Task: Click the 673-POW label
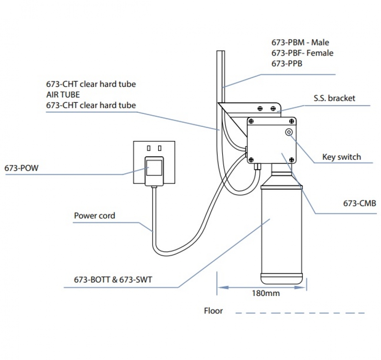click(21, 168)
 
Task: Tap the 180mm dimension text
click(266, 293)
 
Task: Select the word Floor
click(213, 310)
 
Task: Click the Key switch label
click(341, 157)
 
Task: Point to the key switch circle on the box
click(289, 132)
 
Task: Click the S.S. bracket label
click(335, 98)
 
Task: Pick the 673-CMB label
click(359, 203)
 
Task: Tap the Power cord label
click(94, 216)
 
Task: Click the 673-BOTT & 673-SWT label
click(113, 279)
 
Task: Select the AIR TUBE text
click(63, 94)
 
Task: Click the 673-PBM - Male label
click(300, 42)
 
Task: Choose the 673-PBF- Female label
click(302, 53)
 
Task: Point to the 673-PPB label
click(287, 63)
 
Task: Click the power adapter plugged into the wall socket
click(154, 171)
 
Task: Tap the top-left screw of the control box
click(251, 121)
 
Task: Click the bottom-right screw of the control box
click(291, 160)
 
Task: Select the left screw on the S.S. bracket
click(260, 108)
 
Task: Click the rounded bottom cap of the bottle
click(282, 278)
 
